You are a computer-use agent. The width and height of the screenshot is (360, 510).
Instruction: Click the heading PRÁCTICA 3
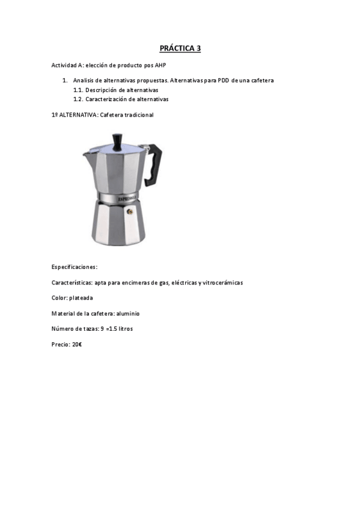[x=180, y=49]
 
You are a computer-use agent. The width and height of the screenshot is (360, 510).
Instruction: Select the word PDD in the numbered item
[x=219, y=80]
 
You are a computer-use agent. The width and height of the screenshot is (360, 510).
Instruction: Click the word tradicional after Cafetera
[x=139, y=114]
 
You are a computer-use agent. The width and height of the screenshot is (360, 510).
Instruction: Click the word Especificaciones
[x=75, y=266]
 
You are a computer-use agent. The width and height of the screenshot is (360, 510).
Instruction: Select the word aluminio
[x=127, y=313]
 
